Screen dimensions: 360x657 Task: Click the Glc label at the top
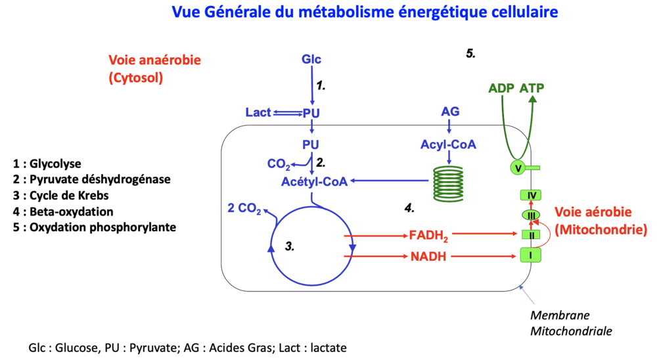(x=311, y=60)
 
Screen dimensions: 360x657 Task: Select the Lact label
(x=258, y=112)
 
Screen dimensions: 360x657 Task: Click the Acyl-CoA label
(x=448, y=145)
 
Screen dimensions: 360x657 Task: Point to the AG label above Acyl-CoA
(x=449, y=112)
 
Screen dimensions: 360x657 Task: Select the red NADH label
(x=428, y=257)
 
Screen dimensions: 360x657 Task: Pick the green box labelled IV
(x=530, y=195)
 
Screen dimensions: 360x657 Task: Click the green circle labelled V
(x=519, y=169)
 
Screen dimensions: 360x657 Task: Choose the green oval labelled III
(x=530, y=215)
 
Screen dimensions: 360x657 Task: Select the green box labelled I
(x=530, y=254)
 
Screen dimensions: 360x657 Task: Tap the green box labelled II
(x=530, y=235)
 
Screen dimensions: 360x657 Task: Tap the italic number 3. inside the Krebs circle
(x=289, y=246)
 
